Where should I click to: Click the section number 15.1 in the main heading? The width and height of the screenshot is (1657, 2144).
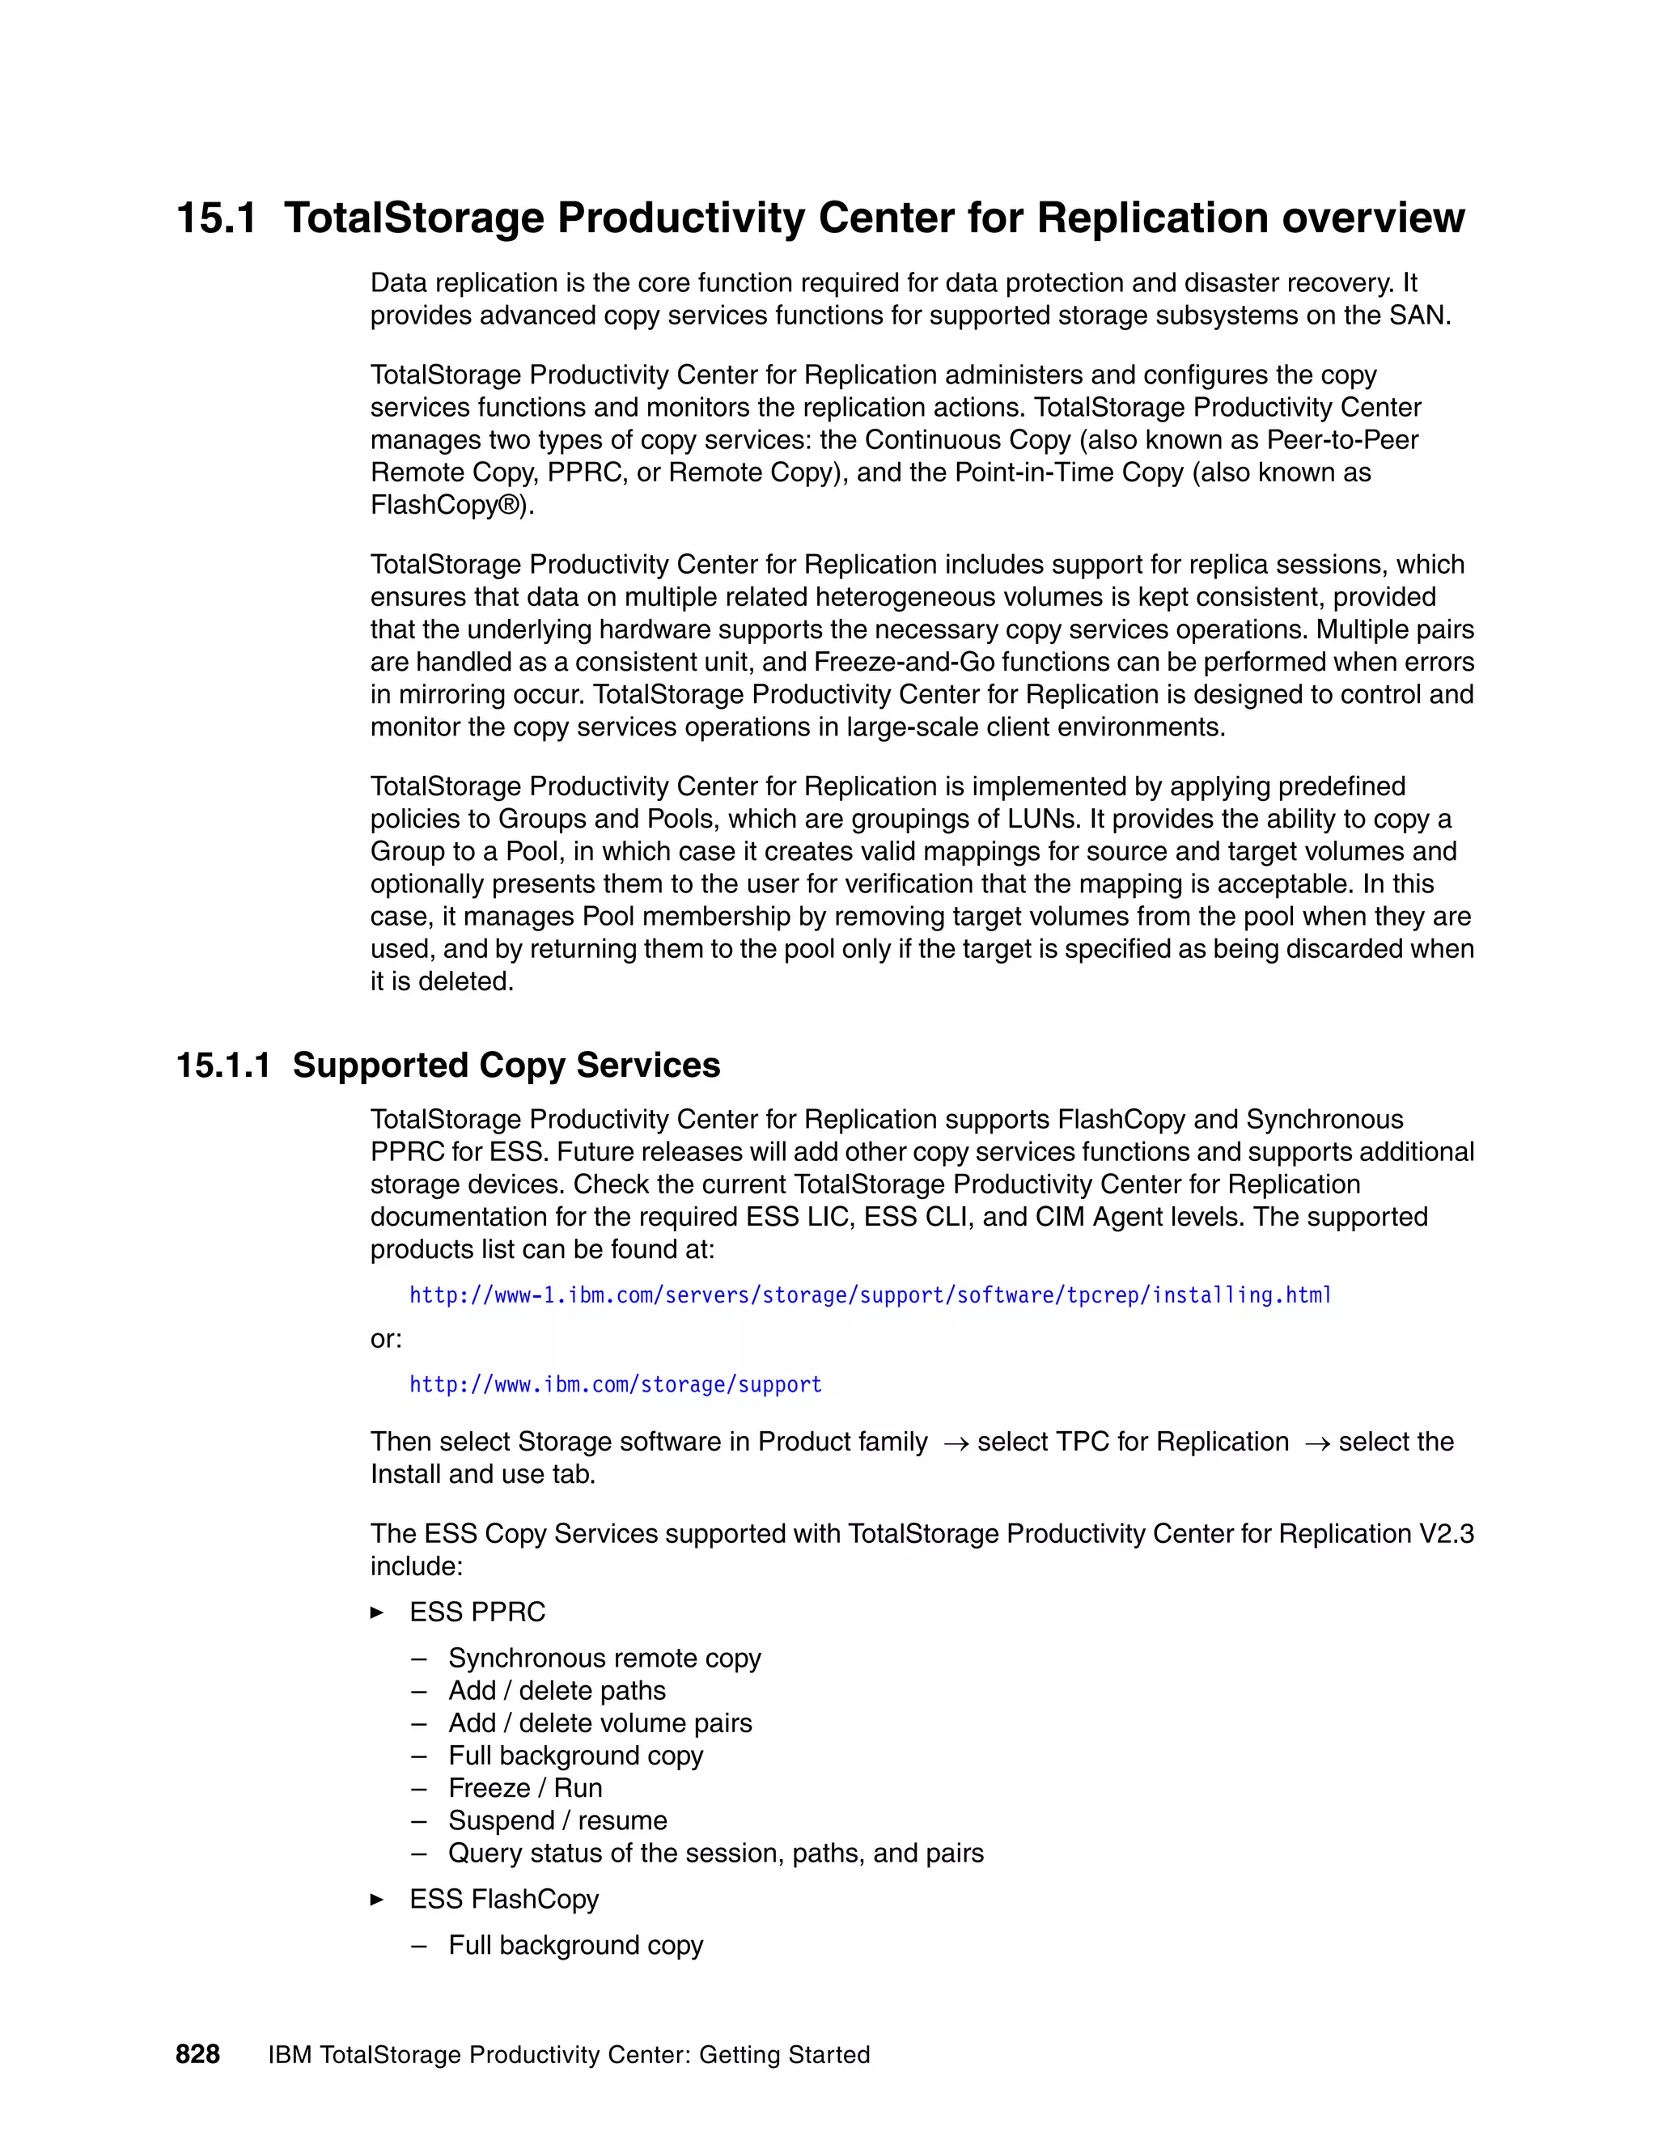coord(216,218)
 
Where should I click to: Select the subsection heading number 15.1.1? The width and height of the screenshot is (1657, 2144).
coord(222,1066)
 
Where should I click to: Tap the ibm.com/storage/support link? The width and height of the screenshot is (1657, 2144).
coord(616,1384)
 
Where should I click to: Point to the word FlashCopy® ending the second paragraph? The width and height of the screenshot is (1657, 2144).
coord(451,505)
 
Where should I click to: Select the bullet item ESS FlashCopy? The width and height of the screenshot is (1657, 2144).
coord(503,1899)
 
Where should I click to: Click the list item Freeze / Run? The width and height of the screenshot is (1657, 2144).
coord(525,1788)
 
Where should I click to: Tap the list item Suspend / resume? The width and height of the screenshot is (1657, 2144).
coord(557,1820)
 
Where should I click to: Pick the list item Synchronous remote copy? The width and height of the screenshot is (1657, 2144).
coord(604,1658)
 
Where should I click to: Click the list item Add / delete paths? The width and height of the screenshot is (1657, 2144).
coord(557,1690)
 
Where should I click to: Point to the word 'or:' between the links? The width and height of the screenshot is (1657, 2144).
coord(386,1339)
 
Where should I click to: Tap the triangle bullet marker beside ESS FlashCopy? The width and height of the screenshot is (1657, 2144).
coord(377,1900)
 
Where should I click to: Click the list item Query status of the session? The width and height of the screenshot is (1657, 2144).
coord(715,1853)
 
